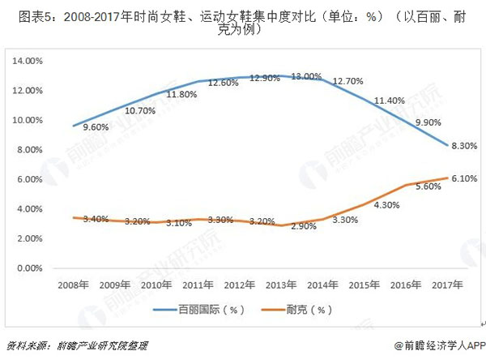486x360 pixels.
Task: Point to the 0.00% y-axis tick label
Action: coord(28,268)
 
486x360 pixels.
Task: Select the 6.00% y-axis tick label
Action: coord(28,179)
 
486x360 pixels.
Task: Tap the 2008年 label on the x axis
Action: coord(73,285)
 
